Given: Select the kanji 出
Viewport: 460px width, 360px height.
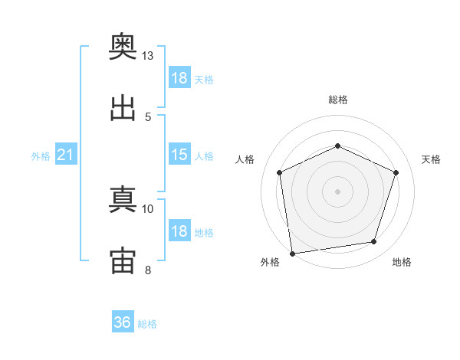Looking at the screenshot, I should (123, 108).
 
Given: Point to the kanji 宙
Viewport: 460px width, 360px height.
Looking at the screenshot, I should (123, 259).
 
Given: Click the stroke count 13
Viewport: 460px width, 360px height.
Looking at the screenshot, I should (148, 57).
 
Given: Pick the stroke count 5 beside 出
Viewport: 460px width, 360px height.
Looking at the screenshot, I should (148, 116).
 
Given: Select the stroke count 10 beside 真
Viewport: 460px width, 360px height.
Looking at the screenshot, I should (148, 208).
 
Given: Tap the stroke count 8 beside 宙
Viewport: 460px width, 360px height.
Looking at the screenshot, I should (148, 269).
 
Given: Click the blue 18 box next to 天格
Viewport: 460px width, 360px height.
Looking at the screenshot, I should (179, 78).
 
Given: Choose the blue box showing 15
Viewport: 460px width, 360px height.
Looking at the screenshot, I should (179, 155).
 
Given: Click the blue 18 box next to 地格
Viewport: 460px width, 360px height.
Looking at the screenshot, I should (179, 231).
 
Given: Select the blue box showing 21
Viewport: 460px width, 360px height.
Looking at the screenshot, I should (66, 155).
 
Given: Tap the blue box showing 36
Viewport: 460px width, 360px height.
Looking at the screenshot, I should (123, 322).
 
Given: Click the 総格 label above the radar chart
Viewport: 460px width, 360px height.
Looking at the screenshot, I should (338, 100).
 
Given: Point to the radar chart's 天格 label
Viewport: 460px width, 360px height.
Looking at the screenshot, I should (432, 159).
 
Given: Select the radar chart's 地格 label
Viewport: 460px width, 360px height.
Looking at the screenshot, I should (402, 262).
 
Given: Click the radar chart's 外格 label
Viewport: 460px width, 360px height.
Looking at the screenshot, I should (270, 262).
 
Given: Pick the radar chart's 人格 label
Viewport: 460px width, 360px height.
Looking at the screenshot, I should (245, 159).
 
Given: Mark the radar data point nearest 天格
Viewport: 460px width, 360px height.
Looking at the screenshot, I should (396, 172).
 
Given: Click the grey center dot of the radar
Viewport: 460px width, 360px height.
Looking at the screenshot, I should (337, 191).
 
